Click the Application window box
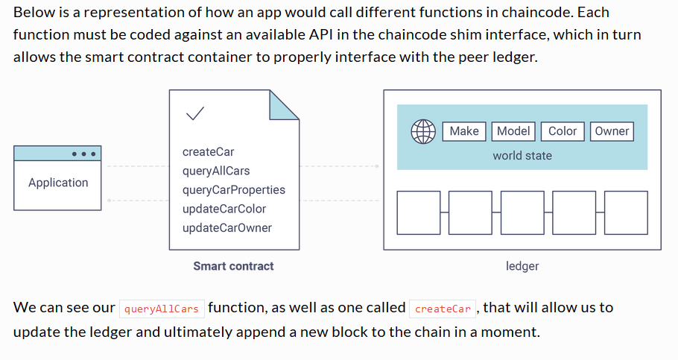[x=57, y=178]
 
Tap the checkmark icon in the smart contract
[x=194, y=113]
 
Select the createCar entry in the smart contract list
[x=208, y=152]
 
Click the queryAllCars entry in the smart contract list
[x=216, y=171]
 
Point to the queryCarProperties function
[x=234, y=190]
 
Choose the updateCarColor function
[x=224, y=209]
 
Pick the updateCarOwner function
[x=227, y=228]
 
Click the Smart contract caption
[x=233, y=266]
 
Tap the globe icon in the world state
[x=423, y=131]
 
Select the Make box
[x=464, y=131]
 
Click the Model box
[x=513, y=131]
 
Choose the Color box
[x=563, y=131]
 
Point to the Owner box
[x=612, y=131]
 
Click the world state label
[x=522, y=156]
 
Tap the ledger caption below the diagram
[x=522, y=266]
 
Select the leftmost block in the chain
[x=419, y=213]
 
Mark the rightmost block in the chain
[x=626, y=213]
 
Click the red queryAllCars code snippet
[x=162, y=309]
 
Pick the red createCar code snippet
[x=443, y=309]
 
